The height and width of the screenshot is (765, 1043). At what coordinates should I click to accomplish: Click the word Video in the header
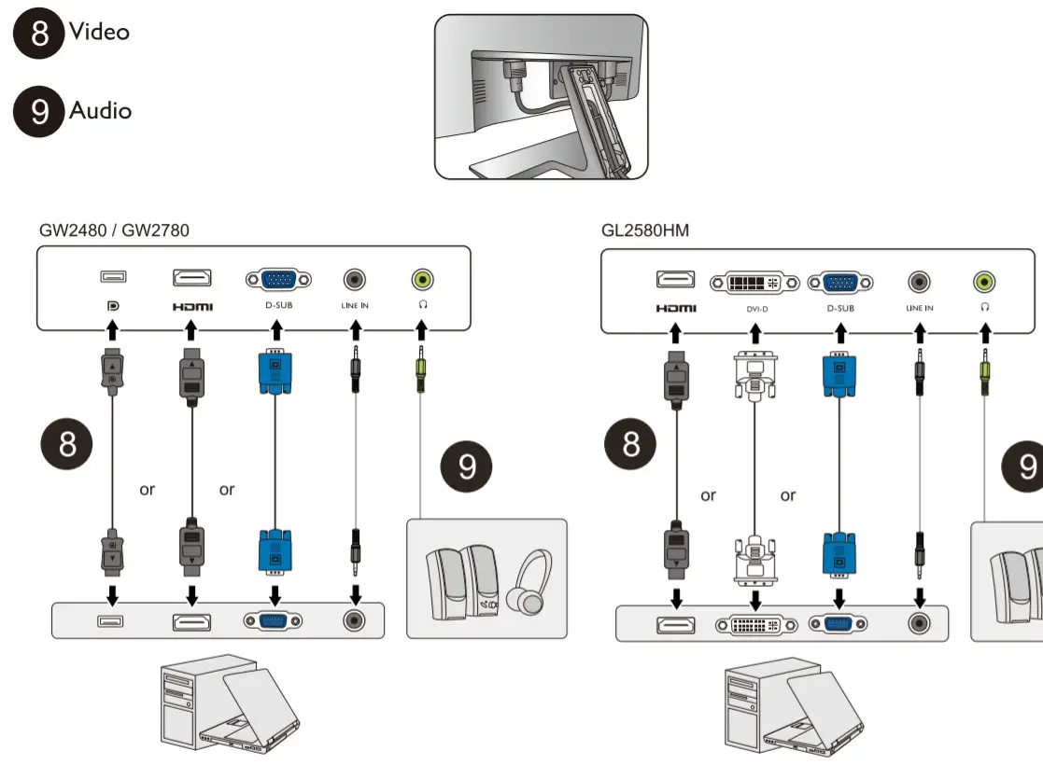pyautogui.click(x=99, y=32)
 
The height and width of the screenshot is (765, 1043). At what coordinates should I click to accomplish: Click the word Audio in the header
pyautogui.click(x=100, y=110)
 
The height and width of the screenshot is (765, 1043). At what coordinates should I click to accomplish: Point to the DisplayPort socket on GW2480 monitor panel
pyautogui.click(x=113, y=277)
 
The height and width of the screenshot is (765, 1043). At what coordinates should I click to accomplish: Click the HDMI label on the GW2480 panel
pyautogui.click(x=191, y=306)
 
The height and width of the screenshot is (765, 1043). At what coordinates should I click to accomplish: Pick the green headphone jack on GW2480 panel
pyautogui.click(x=422, y=278)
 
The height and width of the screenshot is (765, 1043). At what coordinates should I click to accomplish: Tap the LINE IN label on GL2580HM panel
pyautogui.click(x=920, y=308)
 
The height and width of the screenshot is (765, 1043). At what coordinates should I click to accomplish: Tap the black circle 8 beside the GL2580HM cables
pyautogui.click(x=632, y=443)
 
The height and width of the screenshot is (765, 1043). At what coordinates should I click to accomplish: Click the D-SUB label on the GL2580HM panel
pyautogui.click(x=839, y=308)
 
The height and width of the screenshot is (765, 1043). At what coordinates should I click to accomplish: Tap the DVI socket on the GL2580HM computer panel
pyautogui.click(x=755, y=624)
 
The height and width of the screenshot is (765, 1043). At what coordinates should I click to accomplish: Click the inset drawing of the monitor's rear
pyautogui.click(x=541, y=96)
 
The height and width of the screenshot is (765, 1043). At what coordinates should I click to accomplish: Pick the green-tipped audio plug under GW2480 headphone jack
pyautogui.click(x=422, y=369)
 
